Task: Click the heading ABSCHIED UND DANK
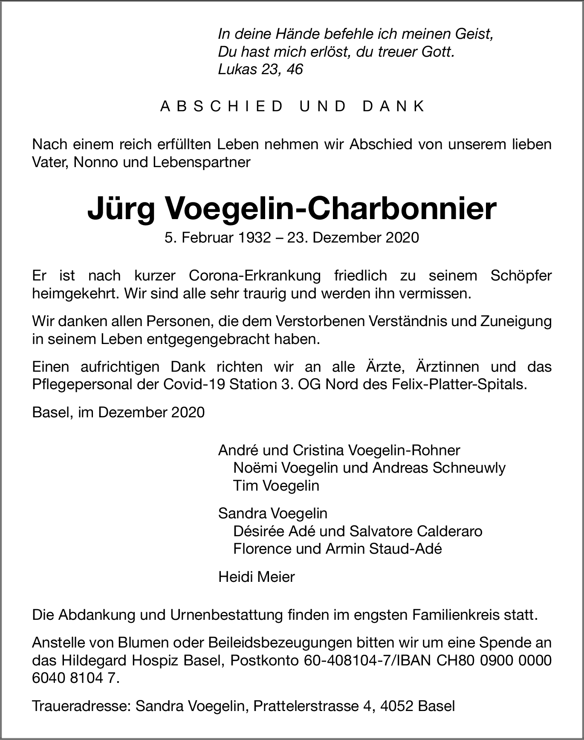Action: pos(292,106)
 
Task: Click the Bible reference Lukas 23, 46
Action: pos(260,69)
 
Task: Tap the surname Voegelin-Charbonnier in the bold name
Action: pos(330,209)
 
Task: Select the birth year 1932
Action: pos(254,237)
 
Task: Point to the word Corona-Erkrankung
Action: pos(254,276)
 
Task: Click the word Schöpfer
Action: pos(521,276)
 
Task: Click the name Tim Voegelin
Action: pos(276,486)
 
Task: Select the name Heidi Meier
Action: pos(256,577)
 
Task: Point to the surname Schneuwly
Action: pos(469,468)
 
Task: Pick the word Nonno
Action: pos(90,162)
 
